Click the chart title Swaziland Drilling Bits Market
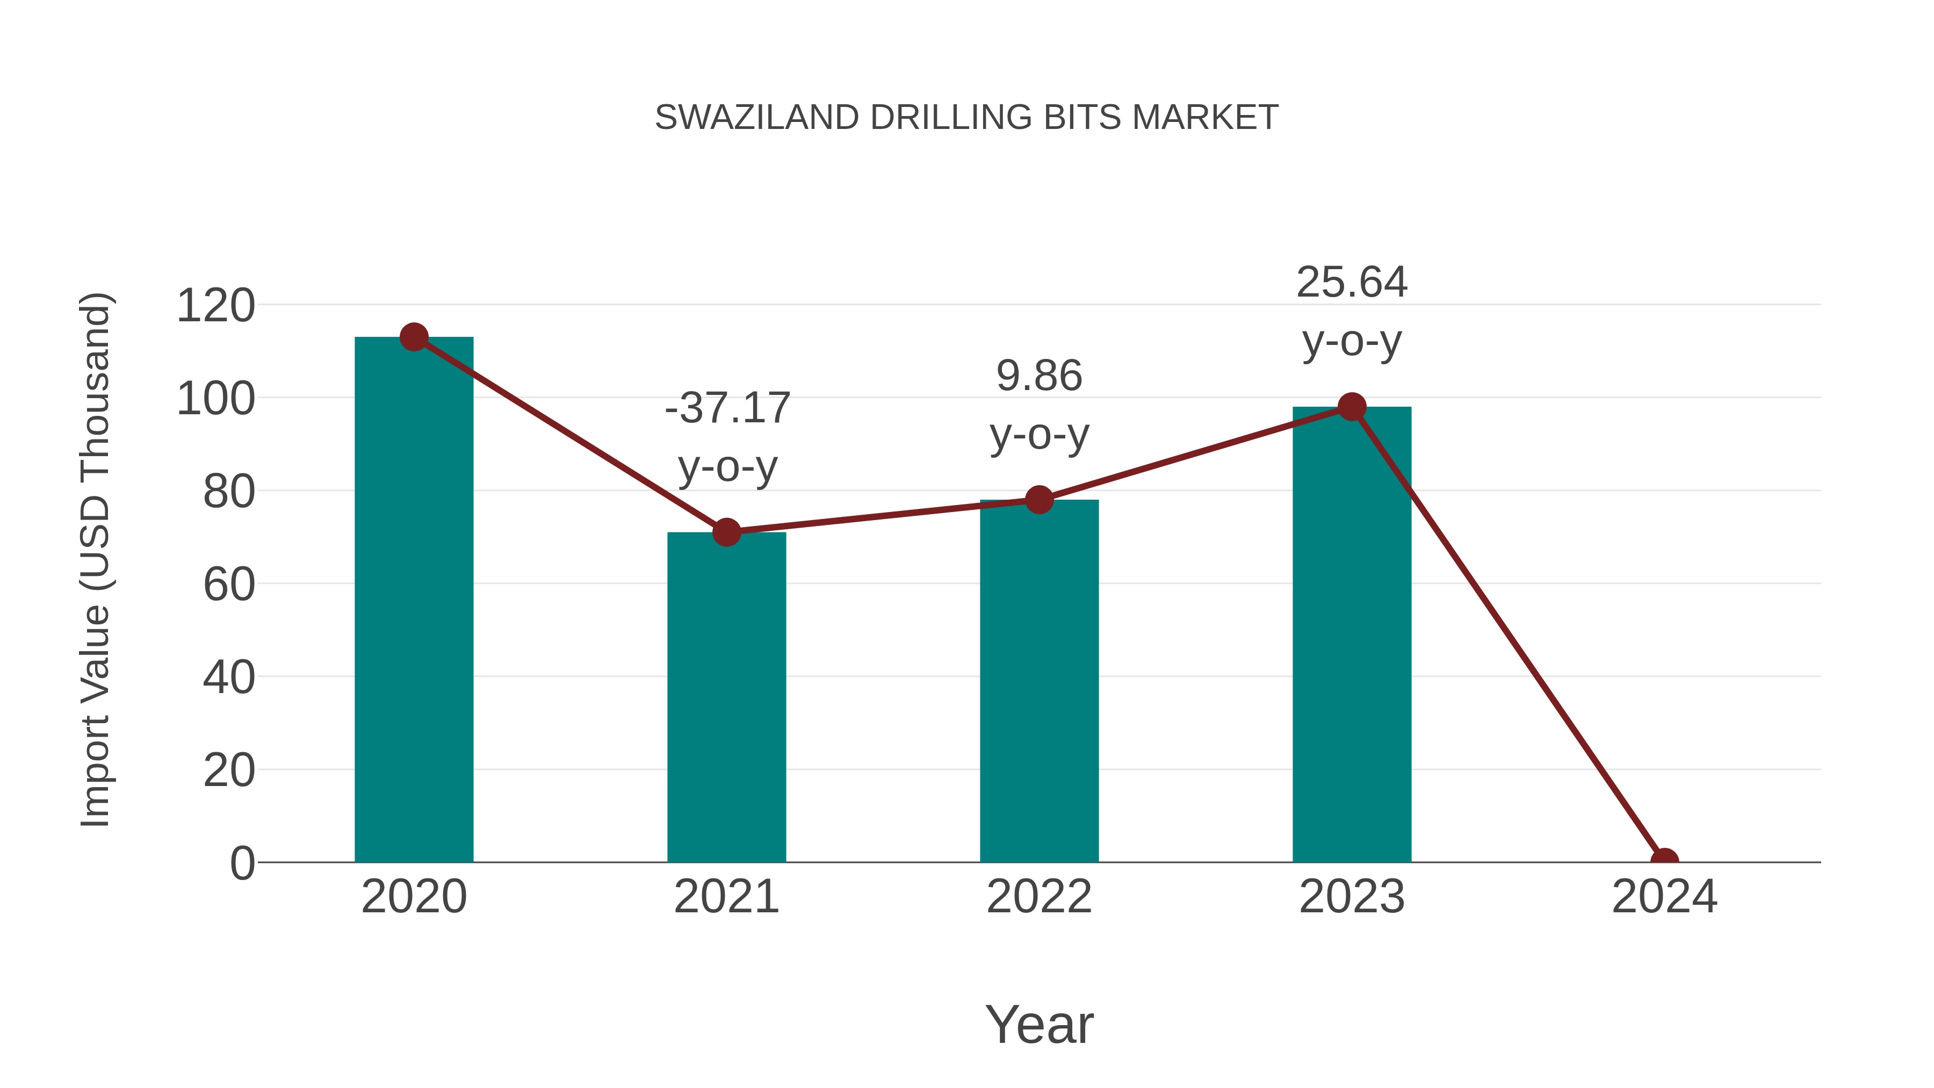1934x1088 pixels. coord(966,118)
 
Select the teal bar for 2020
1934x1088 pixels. coord(414,601)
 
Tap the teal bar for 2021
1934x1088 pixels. coord(726,698)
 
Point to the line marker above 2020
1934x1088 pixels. coord(414,337)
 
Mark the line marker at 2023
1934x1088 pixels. coord(1352,407)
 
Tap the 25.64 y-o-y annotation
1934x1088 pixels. coord(1352,312)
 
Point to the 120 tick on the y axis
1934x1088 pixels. coord(215,306)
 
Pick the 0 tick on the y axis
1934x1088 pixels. coord(242,863)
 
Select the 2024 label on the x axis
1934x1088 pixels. coord(1664,897)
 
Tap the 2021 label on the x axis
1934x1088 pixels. coord(726,897)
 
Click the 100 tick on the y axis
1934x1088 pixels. coord(215,399)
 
